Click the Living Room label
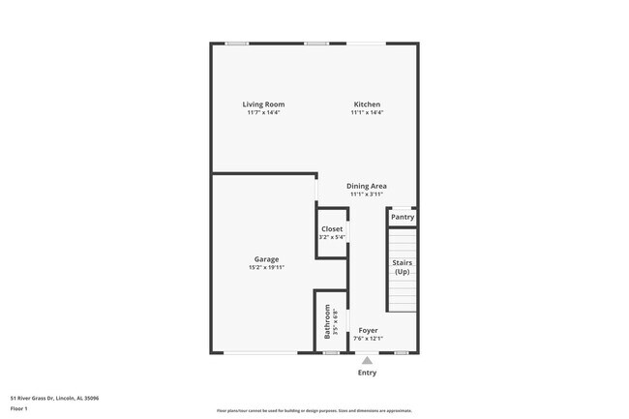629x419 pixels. (x=263, y=105)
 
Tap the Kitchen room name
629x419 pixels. (x=367, y=105)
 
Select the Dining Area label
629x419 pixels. (x=367, y=186)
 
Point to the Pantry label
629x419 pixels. (x=403, y=217)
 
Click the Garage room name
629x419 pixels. (x=267, y=259)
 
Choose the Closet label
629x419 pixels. (x=332, y=229)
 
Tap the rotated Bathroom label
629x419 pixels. (x=328, y=321)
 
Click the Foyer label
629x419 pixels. (x=368, y=330)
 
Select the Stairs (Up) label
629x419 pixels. (x=402, y=267)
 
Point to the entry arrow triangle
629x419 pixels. (x=367, y=360)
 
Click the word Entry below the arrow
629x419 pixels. (x=367, y=373)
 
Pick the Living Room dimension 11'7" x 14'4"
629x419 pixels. (x=263, y=113)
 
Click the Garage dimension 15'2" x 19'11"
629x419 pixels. (x=267, y=267)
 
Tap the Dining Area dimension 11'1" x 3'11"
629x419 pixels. (x=367, y=194)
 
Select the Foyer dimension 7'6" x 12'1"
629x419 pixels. (x=368, y=338)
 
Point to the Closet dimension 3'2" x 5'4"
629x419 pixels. (x=332, y=237)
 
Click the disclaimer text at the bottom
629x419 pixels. (x=314, y=410)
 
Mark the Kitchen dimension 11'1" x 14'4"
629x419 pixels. (x=367, y=113)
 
